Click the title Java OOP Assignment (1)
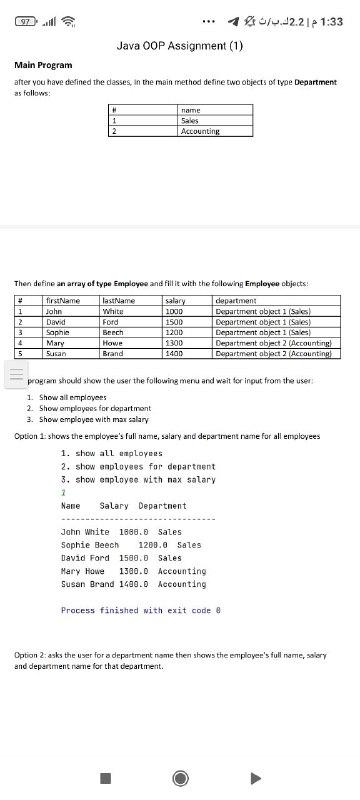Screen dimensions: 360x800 tap(180, 45)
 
